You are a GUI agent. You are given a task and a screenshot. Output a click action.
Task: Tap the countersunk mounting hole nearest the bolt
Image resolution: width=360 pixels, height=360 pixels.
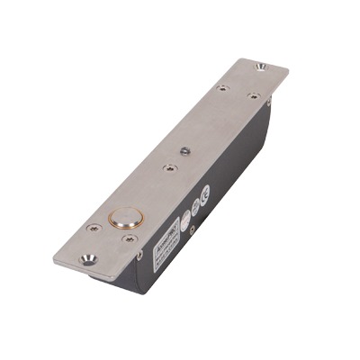(x=87, y=258)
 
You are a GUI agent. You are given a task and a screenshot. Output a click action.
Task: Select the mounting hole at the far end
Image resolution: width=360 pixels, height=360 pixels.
(x=261, y=67)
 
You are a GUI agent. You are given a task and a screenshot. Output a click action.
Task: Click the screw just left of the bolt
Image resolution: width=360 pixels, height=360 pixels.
(x=92, y=228)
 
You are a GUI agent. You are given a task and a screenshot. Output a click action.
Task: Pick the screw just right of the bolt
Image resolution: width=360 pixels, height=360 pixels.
(x=129, y=238)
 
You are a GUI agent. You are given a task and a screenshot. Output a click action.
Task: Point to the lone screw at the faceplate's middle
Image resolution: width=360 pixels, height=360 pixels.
(x=167, y=166)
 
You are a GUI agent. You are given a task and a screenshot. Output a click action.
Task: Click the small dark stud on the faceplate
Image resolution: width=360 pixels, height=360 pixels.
(x=184, y=149)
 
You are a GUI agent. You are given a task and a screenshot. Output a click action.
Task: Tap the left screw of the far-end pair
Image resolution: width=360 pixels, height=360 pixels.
(x=222, y=88)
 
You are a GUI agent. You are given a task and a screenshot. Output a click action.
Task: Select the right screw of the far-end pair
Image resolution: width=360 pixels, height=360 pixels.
(x=253, y=95)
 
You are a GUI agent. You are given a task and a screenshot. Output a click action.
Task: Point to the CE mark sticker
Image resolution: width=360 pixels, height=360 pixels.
(x=205, y=192)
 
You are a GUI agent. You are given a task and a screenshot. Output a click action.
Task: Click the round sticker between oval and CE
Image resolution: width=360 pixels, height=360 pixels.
(x=195, y=206)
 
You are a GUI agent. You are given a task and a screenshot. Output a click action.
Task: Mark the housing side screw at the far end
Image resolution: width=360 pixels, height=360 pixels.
(x=268, y=103)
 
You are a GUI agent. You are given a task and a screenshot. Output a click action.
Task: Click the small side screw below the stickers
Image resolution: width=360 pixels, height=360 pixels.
(x=191, y=230)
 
